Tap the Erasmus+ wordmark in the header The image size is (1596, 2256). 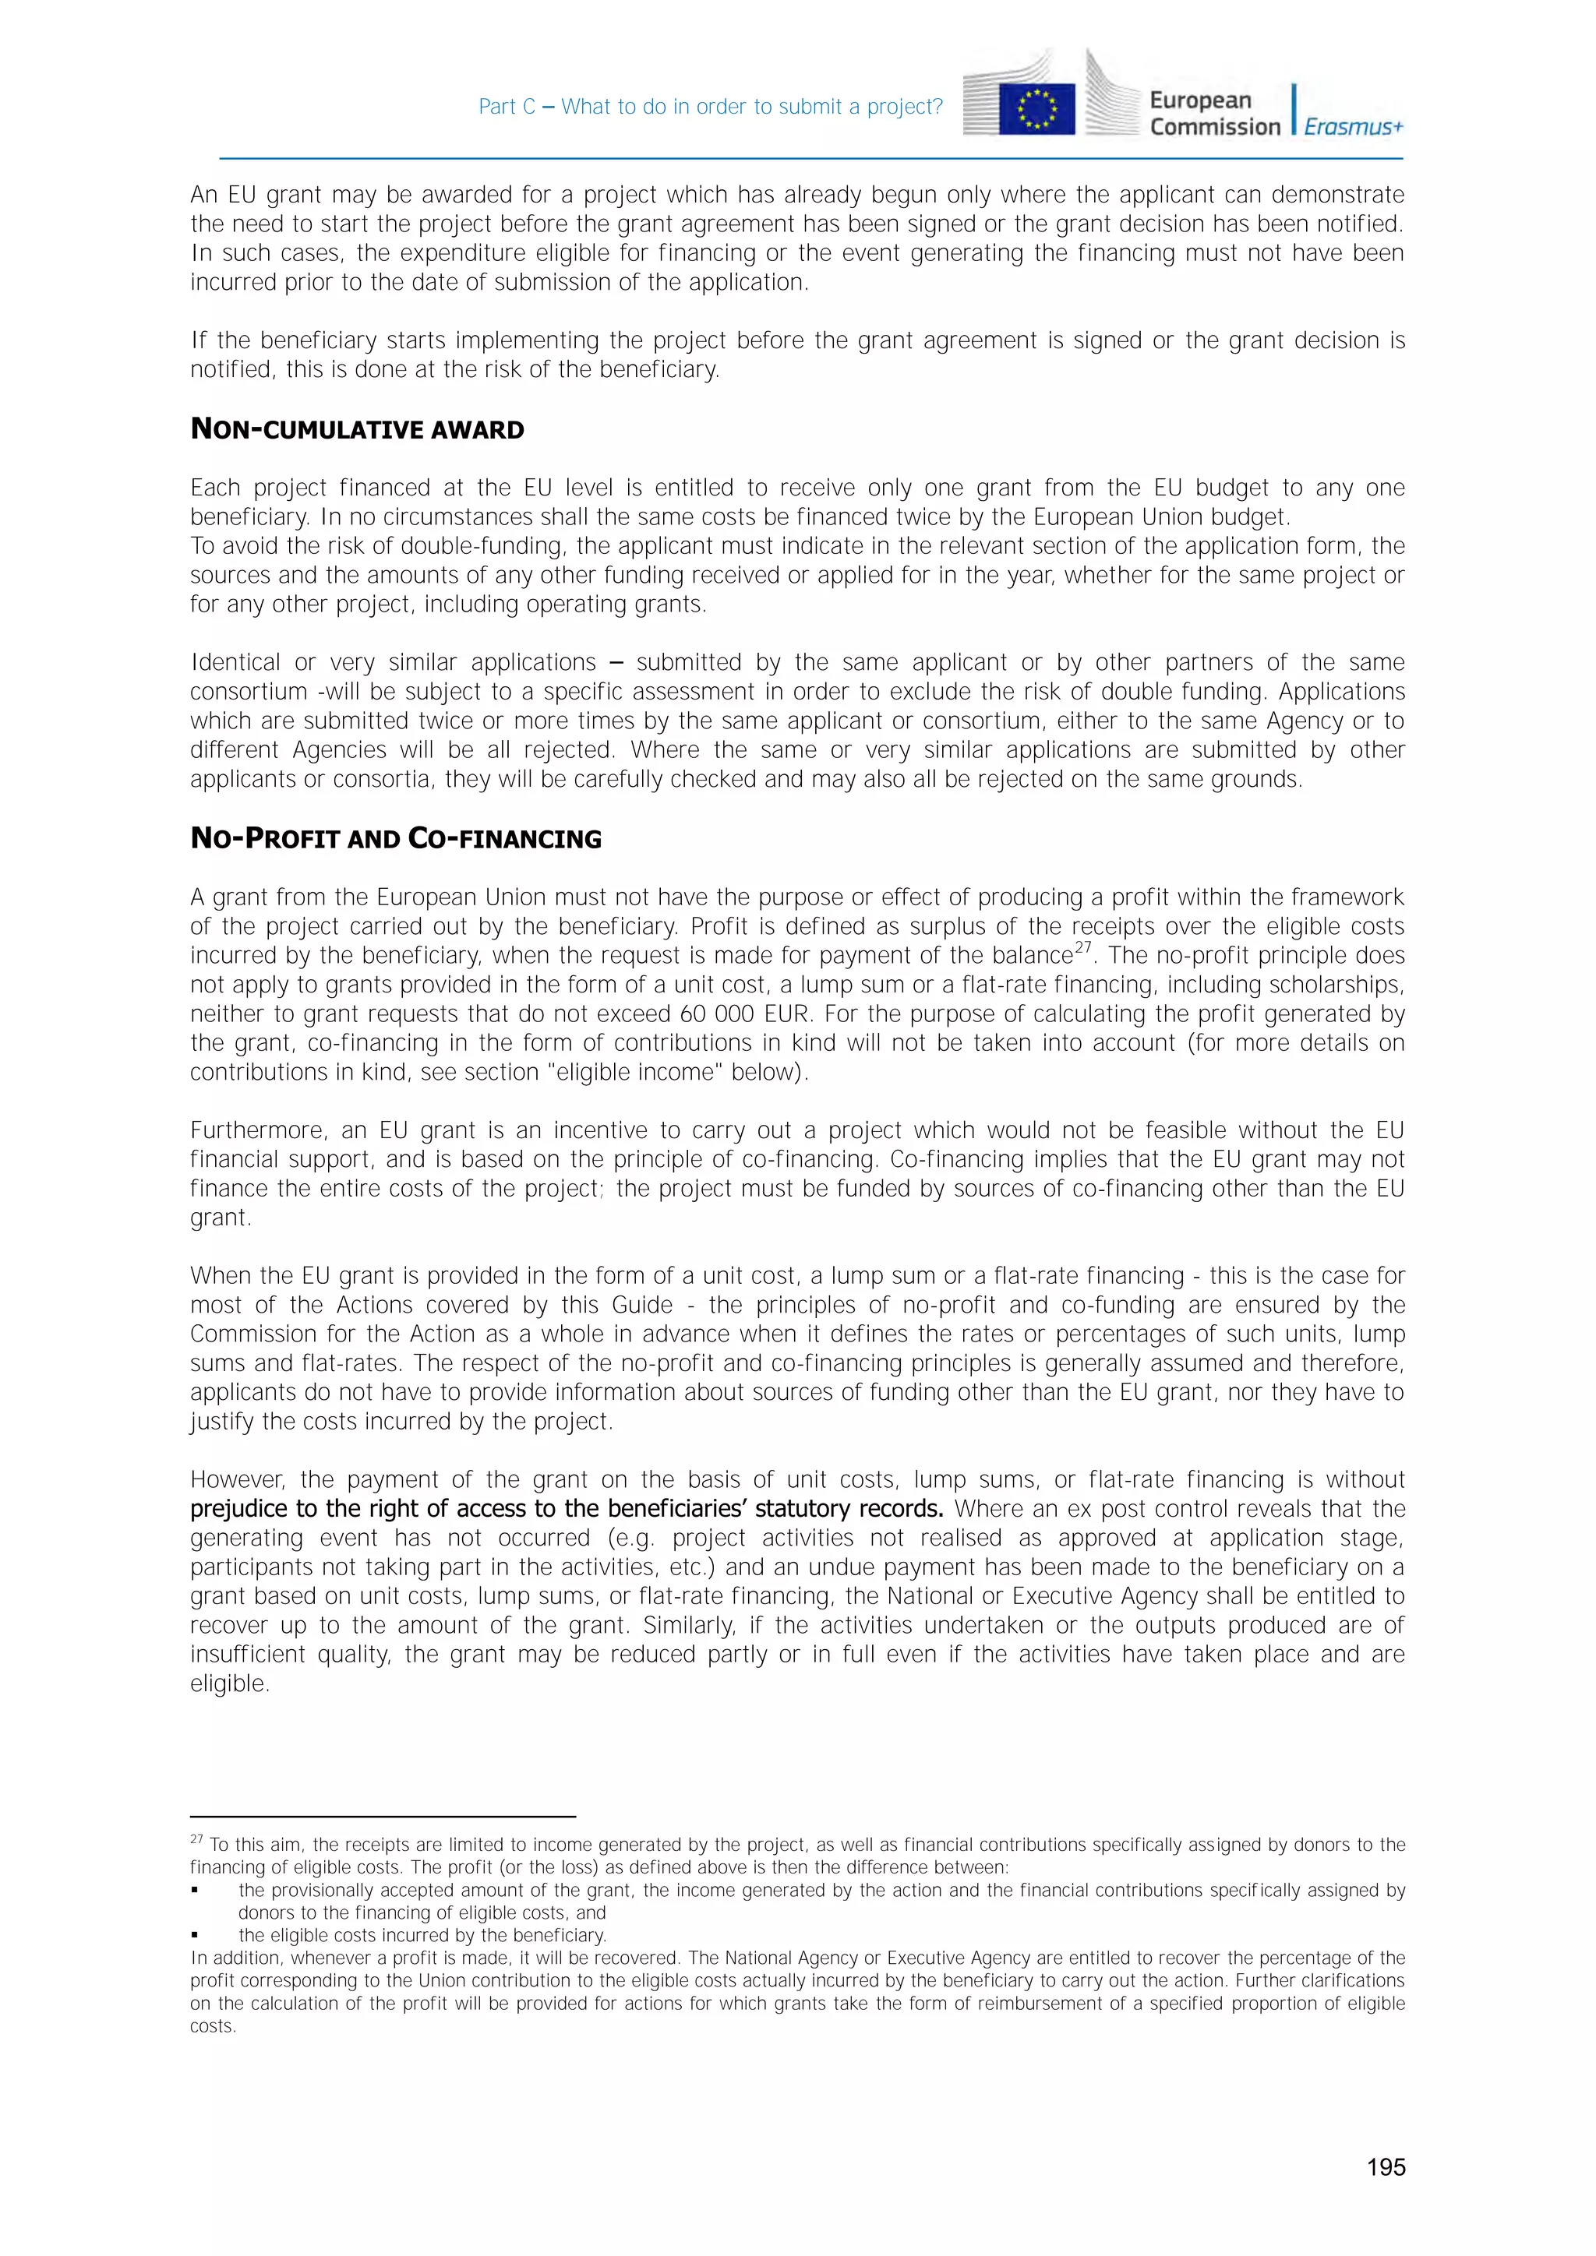(x=1354, y=127)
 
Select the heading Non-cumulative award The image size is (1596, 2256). (x=357, y=429)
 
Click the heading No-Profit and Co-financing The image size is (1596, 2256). (x=395, y=838)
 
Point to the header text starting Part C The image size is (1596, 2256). (x=710, y=107)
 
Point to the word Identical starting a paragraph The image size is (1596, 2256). (x=234, y=662)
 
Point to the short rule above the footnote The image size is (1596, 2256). (x=383, y=1817)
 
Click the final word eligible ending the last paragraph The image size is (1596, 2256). (x=228, y=1684)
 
